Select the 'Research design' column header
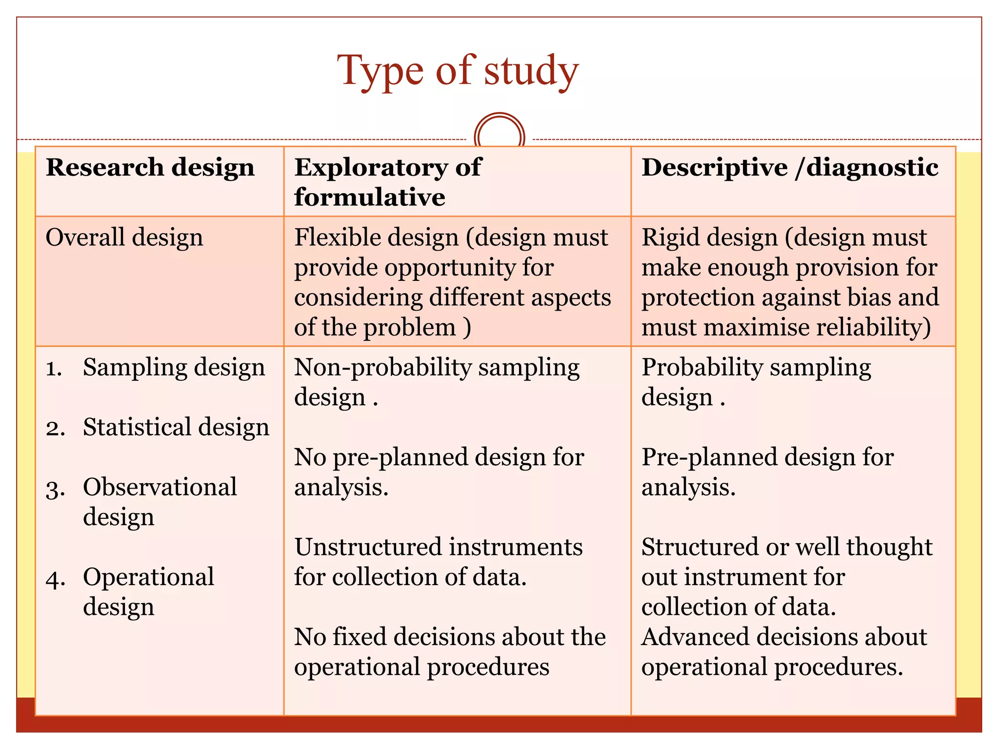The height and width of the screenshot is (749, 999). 150,167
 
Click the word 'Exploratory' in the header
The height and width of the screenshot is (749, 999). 371,167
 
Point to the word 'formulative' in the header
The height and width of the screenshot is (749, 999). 370,197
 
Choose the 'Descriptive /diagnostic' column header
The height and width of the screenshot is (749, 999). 790,167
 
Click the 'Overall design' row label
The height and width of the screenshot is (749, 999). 124,237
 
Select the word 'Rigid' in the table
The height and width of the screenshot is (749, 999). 672,237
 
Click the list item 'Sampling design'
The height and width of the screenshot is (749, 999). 174,367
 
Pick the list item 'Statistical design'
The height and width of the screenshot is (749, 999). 176,427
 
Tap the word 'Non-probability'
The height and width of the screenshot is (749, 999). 382,367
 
